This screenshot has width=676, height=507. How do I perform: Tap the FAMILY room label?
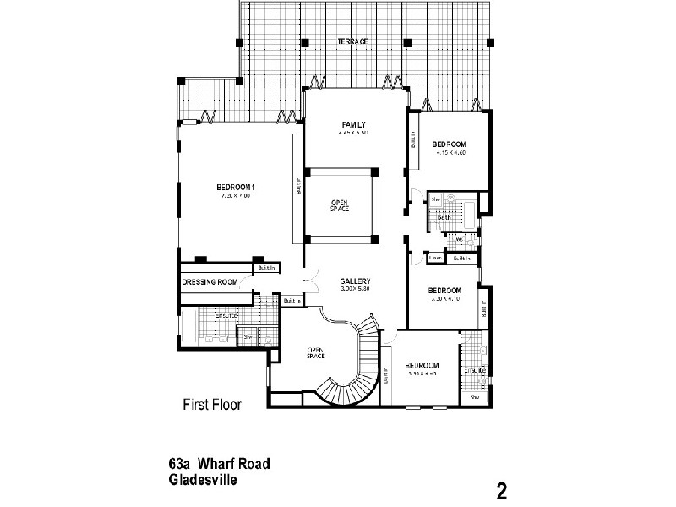353,125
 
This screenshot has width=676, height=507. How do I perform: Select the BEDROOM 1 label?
236,187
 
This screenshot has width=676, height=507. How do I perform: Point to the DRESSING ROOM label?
210,282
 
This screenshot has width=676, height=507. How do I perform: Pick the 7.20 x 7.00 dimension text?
236,195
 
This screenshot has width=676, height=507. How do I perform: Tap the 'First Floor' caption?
212,405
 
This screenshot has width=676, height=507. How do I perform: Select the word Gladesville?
202,479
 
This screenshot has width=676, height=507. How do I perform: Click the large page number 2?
501,491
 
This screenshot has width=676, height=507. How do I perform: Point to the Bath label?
444,217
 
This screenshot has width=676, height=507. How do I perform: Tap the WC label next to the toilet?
460,240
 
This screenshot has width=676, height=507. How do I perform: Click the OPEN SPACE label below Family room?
340,205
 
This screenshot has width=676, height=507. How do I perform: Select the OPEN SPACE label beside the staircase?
316,353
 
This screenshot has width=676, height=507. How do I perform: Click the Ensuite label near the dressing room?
226,315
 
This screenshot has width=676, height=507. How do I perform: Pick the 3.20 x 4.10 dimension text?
444,298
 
